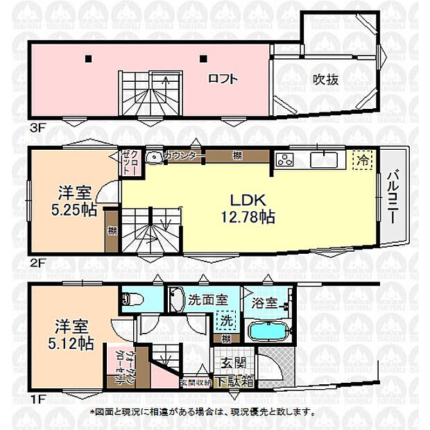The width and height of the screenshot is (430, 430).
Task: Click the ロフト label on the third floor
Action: [x=223, y=79]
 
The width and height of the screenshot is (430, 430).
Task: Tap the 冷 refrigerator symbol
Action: [x=362, y=160]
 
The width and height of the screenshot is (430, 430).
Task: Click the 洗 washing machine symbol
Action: [x=225, y=320]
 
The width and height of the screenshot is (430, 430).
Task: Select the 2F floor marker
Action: [x=38, y=264]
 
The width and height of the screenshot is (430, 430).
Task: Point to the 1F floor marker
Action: [x=38, y=400]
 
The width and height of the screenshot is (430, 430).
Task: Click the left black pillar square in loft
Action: [x=89, y=58]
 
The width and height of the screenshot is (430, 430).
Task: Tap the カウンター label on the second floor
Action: [x=182, y=156]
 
